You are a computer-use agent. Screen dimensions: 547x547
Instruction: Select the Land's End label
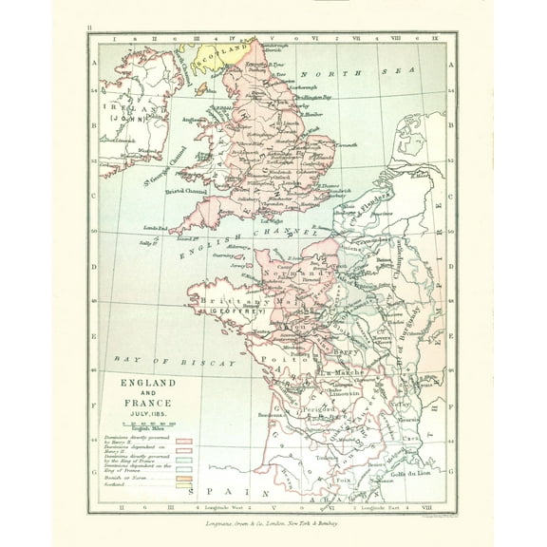coord(157,228)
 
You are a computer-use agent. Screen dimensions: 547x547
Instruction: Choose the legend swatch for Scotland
coord(183,483)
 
